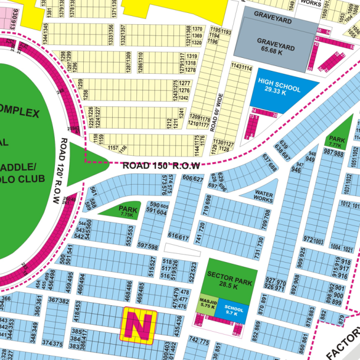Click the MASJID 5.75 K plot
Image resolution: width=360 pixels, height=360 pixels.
pos(207,305)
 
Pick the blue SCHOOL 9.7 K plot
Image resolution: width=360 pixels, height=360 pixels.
pos(234,312)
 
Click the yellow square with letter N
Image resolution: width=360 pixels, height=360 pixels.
pos(138,324)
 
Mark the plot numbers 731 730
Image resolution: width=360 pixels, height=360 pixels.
pos(258,248)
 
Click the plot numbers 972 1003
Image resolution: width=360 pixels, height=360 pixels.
pos(313,240)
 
